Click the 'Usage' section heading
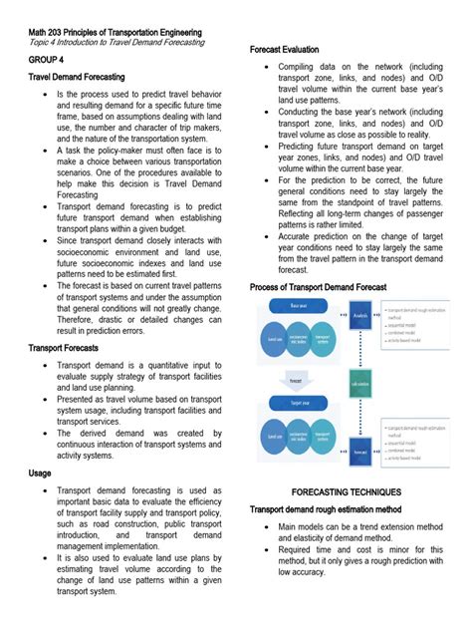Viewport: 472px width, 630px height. [41, 473]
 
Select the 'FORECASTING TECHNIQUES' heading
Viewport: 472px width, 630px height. [346, 492]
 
